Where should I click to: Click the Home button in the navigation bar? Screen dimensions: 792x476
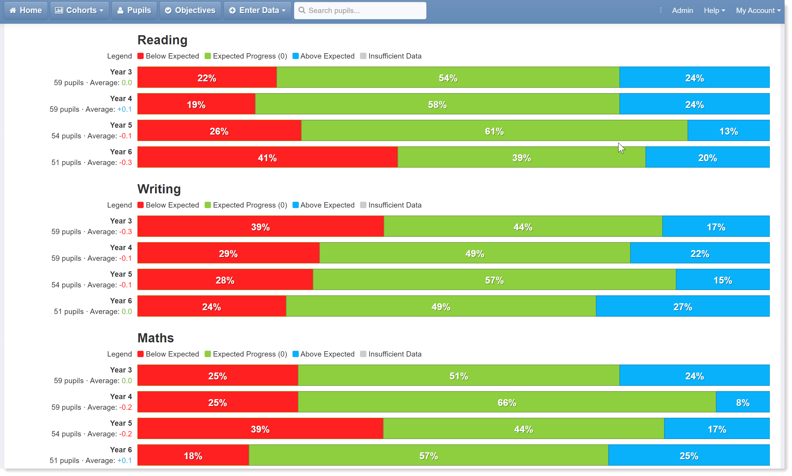pos(26,10)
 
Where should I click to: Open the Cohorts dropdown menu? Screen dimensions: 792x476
pos(79,10)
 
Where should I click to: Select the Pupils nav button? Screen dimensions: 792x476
pos(134,10)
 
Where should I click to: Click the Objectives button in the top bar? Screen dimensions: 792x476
pos(190,10)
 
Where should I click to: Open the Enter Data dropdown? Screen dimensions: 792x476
pos(257,10)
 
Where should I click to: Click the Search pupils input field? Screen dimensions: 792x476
pos(360,10)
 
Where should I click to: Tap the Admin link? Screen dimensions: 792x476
pos(682,11)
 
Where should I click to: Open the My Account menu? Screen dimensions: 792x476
pos(758,11)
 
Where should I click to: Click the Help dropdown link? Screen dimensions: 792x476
pos(714,11)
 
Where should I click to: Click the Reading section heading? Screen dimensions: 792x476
pos(162,40)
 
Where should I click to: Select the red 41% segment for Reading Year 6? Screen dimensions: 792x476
pos(267,157)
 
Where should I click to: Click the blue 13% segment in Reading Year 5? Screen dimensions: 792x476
pos(728,131)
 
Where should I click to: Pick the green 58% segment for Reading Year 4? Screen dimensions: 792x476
pos(437,104)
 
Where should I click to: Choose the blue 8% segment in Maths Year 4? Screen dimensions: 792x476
pos(743,402)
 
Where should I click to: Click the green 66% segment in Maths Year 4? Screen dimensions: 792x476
pos(507,402)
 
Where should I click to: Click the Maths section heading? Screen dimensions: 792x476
pos(155,338)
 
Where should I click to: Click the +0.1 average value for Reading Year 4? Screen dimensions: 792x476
pos(124,109)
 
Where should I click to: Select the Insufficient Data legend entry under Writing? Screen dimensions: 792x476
pos(391,205)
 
